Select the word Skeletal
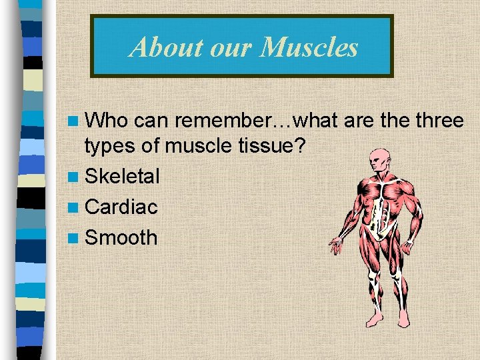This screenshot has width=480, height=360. point(123,177)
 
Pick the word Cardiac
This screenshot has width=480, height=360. point(121,207)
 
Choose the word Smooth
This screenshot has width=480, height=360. point(121,237)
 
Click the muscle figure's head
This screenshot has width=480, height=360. point(379,160)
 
